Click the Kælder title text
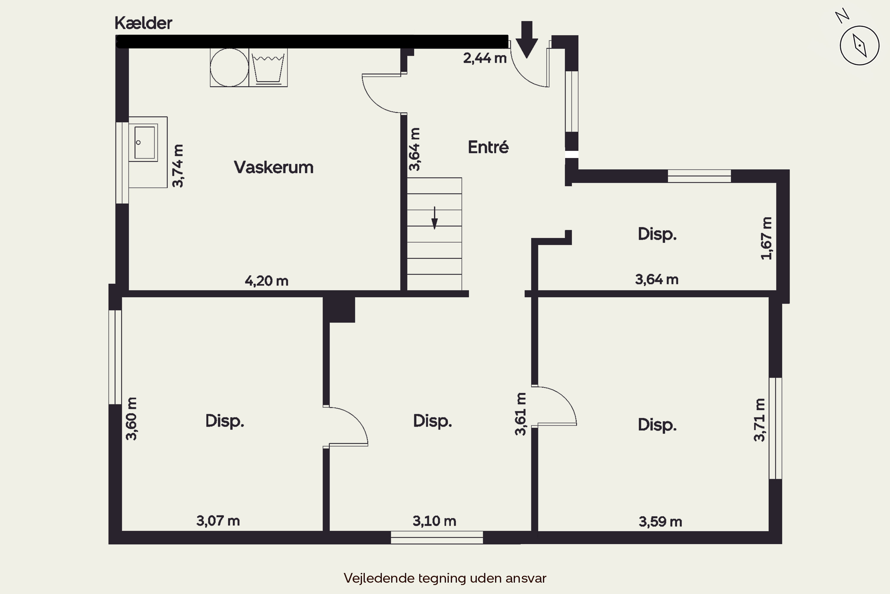point(143,23)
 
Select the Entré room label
point(488,147)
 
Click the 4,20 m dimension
point(266,281)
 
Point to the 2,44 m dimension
point(485,58)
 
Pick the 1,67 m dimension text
point(766,238)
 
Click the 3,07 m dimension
point(218,521)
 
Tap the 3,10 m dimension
point(434,521)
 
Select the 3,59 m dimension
point(660,522)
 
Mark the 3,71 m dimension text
point(759,420)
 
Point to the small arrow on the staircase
point(434,218)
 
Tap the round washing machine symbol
point(229,67)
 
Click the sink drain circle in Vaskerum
point(139,143)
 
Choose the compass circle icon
point(859,45)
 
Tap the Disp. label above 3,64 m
point(657,234)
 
